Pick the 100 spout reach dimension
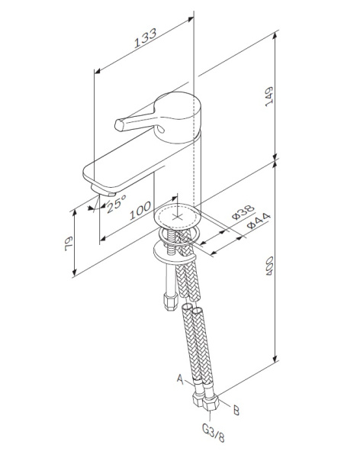tap(140, 213)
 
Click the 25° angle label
tap(116, 204)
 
